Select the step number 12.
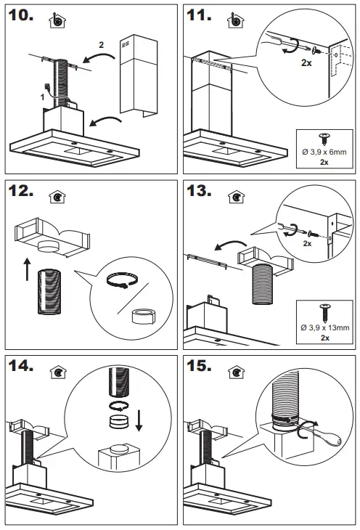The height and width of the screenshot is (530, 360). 23,193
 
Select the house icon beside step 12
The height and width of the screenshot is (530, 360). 55,197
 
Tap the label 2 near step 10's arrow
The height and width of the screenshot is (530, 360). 101,45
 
